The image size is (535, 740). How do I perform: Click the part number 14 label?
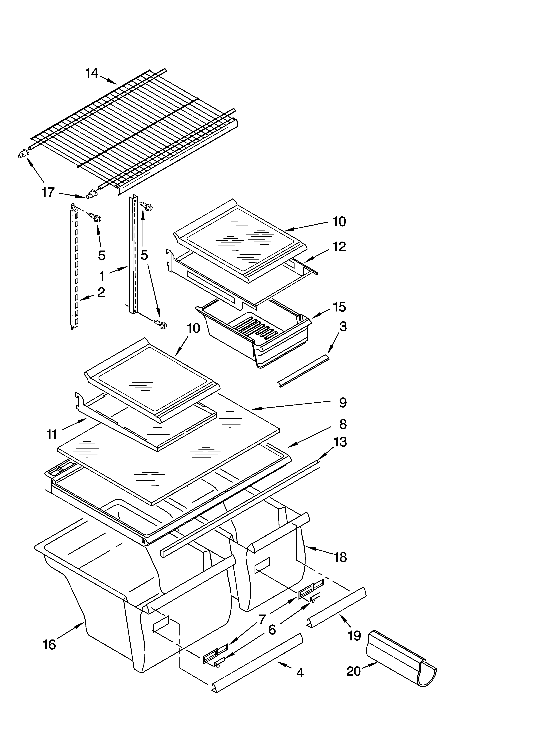click(92, 73)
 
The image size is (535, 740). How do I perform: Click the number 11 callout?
click(52, 434)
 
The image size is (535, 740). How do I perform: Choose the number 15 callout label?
click(339, 307)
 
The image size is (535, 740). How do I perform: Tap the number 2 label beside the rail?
click(101, 292)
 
